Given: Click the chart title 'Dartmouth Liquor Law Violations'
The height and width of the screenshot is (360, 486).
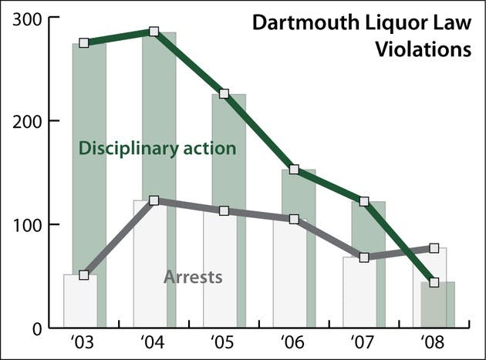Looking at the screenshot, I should (x=362, y=36).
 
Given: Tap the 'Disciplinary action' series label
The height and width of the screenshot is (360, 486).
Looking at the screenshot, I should (x=157, y=147).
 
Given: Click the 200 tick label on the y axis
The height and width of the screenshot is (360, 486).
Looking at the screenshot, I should (x=25, y=121).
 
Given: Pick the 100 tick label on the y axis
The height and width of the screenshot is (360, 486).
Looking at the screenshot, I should (x=25, y=224).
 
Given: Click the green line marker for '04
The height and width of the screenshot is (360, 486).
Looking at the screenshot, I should (x=154, y=32).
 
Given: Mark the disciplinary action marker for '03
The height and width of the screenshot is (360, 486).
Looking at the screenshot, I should (x=84, y=42).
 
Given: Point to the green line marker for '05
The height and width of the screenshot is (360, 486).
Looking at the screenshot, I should (x=224, y=94).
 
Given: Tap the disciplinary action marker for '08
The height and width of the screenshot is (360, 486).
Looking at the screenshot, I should (x=434, y=282).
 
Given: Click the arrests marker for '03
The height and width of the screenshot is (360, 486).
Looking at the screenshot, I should (x=84, y=274).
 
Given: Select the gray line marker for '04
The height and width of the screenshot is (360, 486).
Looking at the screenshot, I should (x=154, y=200).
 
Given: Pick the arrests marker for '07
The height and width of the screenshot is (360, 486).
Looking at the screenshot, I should (x=364, y=257).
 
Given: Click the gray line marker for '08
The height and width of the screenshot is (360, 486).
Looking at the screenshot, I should (x=434, y=248).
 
